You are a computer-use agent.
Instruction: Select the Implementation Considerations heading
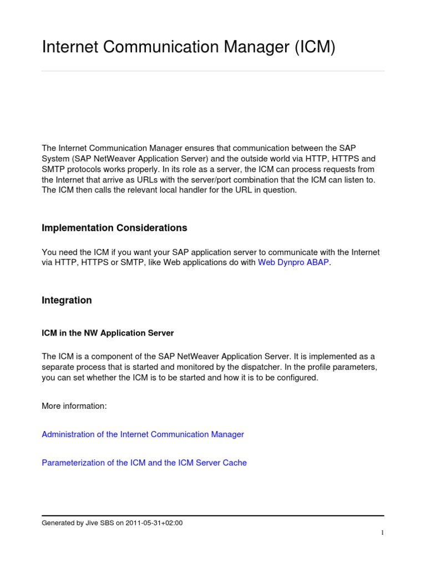(114, 228)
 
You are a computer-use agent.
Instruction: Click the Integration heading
(67, 300)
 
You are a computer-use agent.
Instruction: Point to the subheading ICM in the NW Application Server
(108, 333)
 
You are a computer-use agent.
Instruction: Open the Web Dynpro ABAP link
(293, 263)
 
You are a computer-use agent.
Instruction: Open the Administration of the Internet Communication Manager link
(143, 434)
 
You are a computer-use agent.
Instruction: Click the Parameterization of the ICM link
(144, 463)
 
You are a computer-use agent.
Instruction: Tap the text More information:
(74, 406)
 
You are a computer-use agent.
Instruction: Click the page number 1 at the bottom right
(382, 532)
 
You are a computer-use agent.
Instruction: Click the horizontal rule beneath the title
(213, 71)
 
